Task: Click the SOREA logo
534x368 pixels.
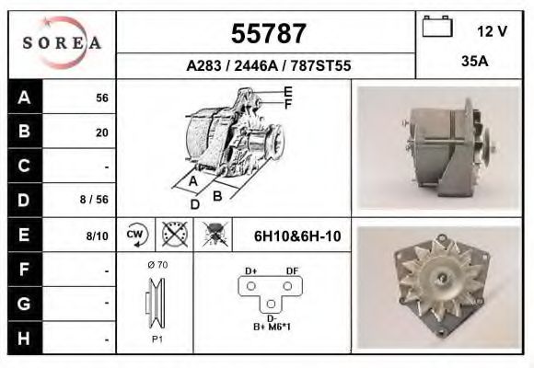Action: (x=62, y=43)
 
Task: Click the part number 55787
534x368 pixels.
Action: (x=267, y=34)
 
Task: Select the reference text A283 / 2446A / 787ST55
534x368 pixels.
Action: (x=268, y=66)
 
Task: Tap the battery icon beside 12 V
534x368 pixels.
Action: (x=436, y=28)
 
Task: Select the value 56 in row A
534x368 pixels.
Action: (x=101, y=98)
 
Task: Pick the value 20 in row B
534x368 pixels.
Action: (x=101, y=132)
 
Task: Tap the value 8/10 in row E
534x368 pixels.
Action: (x=97, y=236)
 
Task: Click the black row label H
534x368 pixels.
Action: (x=23, y=338)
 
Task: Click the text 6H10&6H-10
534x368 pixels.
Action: (x=296, y=236)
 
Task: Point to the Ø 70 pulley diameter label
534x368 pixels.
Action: (x=157, y=265)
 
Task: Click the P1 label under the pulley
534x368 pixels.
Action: (x=157, y=339)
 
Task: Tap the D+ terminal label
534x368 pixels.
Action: (x=250, y=270)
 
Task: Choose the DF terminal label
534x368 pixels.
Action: (x=291, y=270)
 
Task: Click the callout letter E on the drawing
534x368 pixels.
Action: (x=288, y=91)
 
